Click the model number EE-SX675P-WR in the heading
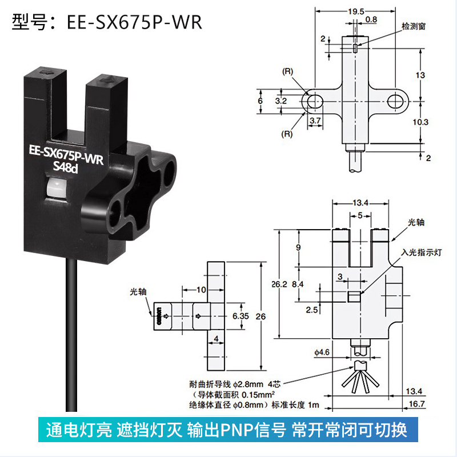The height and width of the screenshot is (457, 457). pyautogui.click(x=134, y=22)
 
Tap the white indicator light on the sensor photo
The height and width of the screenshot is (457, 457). pyautogui.click(x=55, y=187)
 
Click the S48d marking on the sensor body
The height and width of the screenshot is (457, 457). pyautogui.click(x=66, y=167)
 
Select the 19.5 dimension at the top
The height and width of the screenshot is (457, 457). pyautogui.click(x=356, y=11)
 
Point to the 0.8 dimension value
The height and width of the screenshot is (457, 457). pyautogui.click(x=371, y=19)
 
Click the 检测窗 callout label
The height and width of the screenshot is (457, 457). pyautogui.click(x=414, y=26)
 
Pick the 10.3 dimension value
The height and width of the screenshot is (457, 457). pyautogui.click(x=420, y=122)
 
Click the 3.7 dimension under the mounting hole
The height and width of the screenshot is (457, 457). pyautogui.click(x=315, y=121)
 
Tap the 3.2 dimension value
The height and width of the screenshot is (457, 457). pyautogui.click(x=281, y=101)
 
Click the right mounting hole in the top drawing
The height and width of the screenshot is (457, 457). pyautogui.click(x=395, y=102)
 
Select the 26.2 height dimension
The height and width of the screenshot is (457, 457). pyautogui.click(x=279, y=284)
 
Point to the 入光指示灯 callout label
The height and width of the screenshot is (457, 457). pyautogui.click(x=422, y=252)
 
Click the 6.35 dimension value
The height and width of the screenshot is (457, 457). pyautogui.click(x=240, y=316)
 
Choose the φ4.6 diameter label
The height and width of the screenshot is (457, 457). pyautogui.click(x=322, y=352)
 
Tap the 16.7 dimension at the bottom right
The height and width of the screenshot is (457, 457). pyautogui.click(x=417, y=404)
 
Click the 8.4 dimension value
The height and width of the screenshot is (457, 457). pyautogui.click(x=298, y=284)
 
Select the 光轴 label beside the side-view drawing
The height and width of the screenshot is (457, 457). pyautogui.click(x=138, y=292)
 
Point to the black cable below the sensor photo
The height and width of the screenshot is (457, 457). pyautogui.click(x=71, y=335)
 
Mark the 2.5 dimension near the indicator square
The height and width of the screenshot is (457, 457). pyautogui.click(x=311, y=310)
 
